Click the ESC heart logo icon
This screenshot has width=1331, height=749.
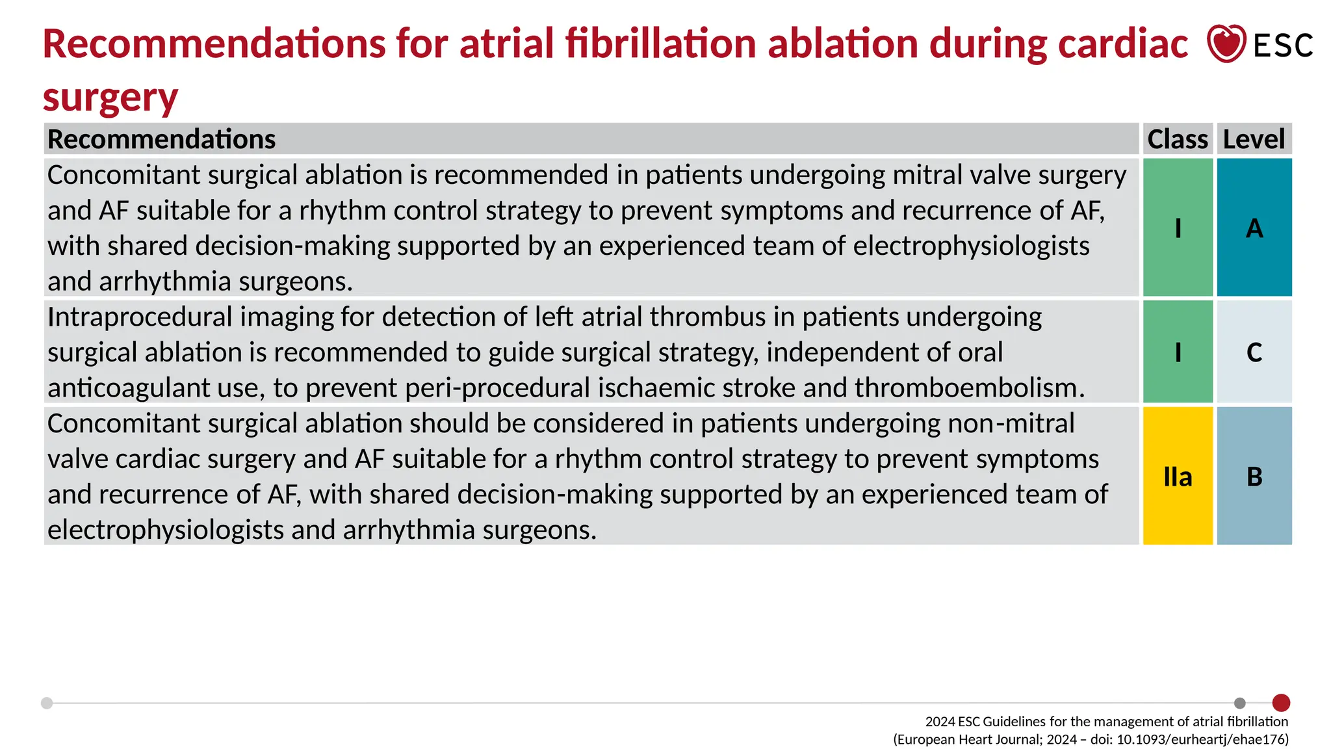(x=1226, y=44)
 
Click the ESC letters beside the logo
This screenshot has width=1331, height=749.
(x=1283, y=46)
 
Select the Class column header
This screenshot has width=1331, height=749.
(x=1177, y=139)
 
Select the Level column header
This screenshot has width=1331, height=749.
(x=1254, y=139)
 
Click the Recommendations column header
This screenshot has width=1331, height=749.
(x=162, y=139)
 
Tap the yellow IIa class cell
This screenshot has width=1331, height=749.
(x=1178, y=476)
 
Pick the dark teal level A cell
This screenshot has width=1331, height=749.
(x=1254, y=228)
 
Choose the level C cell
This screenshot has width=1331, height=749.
(x=1254, y=352)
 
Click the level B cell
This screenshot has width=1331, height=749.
(x=1254, y=476)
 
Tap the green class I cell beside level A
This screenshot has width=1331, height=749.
(x=1178, y=228)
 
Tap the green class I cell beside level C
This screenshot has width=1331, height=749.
(x=1178, y=352)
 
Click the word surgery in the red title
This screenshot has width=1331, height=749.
(x=110, y=98)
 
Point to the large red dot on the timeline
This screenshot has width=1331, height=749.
(x=1281, y=703)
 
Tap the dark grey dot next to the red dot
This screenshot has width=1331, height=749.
(x=1240, y=703)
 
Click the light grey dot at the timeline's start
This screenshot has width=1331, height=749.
(x=47, y=703)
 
